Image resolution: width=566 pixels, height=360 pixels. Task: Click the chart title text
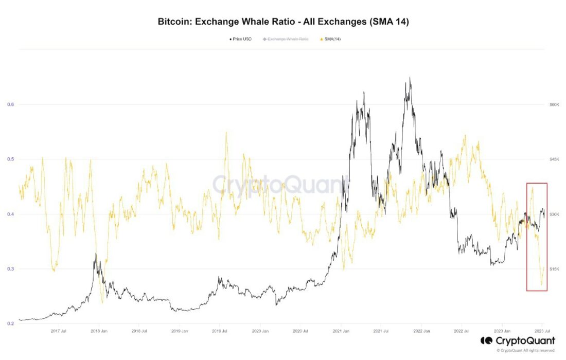(x=283, y=22)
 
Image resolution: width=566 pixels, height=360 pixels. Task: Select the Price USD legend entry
(x=240, y=39)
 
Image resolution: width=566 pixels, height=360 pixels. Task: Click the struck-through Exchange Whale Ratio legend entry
(x=286, y=39)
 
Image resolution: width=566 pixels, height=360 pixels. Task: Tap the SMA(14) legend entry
(x=330, y=39)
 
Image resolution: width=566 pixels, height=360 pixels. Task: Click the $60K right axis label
(x=554, y=104)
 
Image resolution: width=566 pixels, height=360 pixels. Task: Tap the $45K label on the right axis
(x=554, y=159)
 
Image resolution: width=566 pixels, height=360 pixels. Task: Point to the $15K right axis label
(x=554, y=269)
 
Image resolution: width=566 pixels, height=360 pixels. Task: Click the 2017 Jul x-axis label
(x=59, y=331)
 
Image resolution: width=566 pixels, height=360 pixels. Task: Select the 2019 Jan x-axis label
(x=180, y=331)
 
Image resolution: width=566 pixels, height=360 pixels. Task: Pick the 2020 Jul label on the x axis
(x=300, y=331)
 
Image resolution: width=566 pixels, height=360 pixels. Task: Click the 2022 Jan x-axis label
(x=421, y=331)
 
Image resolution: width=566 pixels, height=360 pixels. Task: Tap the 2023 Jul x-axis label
(x=542, y=331)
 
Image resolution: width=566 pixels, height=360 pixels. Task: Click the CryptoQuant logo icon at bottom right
(x=486, y=340)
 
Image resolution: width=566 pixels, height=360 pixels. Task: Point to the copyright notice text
(x=526, y=350)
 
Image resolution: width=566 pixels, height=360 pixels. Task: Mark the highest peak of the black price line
(x=410, y=77)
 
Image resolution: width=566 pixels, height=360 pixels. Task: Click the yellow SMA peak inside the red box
(x=533, y=188)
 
